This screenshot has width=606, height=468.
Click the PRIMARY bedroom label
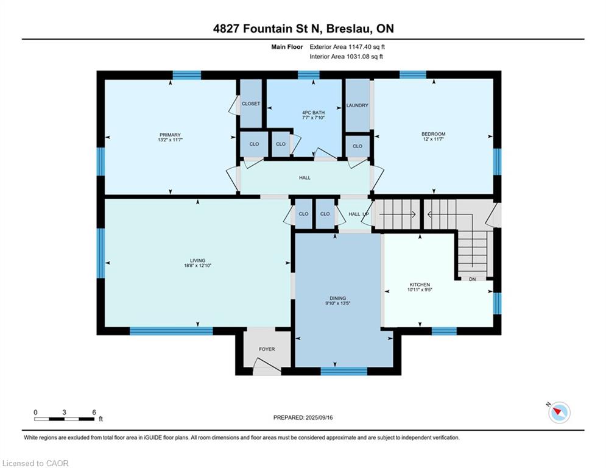click(x=170, y=135)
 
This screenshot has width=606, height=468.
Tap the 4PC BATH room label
click(x=314, y=113)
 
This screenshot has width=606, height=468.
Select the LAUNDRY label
click(x=357, y=105)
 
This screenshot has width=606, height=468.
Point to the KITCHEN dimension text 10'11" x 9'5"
click(x=420, y=289)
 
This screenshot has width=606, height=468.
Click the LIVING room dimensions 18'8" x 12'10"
click(x=197, y=265)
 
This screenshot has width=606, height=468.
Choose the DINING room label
click(x=338, y=298)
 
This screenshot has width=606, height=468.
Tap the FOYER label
click(x=267, y=349)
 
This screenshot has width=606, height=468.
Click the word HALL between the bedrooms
click(x=305, y=178)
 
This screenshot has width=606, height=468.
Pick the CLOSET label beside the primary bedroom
click(x=251, y=104)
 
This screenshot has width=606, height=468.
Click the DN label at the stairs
click(x=472, y=279)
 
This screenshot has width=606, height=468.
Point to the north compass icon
click(x=559, y=413)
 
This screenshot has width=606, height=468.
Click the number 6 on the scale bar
click(x=94, y=413)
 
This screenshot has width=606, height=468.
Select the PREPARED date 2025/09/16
click(x=319, y=417)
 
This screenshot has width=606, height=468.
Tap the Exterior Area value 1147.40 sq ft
click(x=367, y=47)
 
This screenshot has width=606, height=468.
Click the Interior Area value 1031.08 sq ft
click(x=364, y=57)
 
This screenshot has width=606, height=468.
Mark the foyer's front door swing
click(x=267, y=366)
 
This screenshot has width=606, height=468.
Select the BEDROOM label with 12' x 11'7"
click(x=433, y=134)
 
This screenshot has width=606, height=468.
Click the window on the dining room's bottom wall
click(x=344, y=371)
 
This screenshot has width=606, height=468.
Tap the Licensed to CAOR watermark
click(x=35, y=463)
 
